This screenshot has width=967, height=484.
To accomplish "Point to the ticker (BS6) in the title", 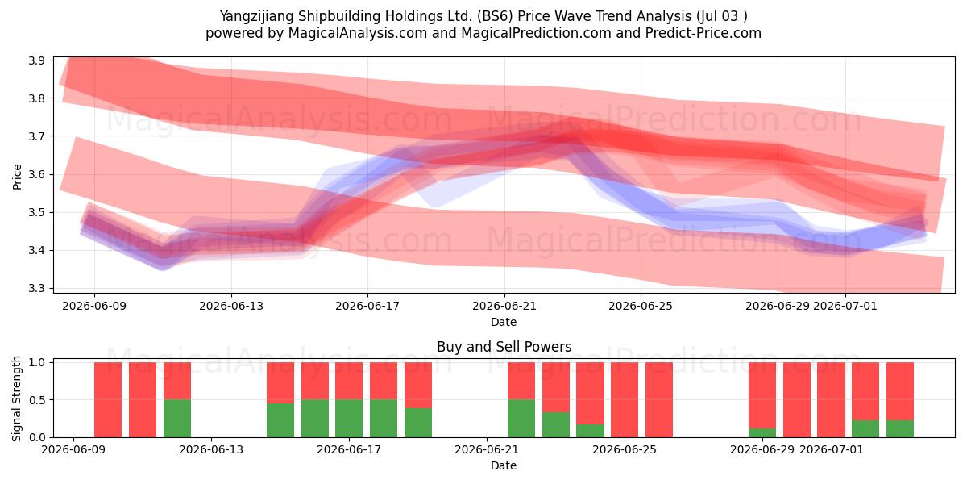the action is click(495, 16).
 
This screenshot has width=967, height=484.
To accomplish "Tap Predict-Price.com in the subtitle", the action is click(703, 33).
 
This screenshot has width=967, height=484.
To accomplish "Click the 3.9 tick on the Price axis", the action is click(37, 60).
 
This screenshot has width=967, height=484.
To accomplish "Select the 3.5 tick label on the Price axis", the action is click(37, 213).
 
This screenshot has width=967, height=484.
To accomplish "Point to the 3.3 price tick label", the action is click(37, 288).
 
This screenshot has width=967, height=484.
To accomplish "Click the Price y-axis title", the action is click(17, 177).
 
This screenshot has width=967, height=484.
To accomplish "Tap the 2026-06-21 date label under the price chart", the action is click(504, 306).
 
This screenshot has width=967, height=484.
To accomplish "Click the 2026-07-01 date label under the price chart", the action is click(845, 306).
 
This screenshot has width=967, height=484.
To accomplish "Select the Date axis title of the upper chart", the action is click(504, 322).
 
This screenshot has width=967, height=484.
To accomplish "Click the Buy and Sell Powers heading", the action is click(504, 347).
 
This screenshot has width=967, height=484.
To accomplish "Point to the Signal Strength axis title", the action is click(16, 398).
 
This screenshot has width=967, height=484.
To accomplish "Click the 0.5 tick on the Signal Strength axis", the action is click(37, 400).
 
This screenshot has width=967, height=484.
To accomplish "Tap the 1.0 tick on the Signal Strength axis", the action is click(37, 362).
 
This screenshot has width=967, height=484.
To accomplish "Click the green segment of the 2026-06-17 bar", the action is click(349, 419).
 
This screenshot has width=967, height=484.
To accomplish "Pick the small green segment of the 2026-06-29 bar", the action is click(762, 432).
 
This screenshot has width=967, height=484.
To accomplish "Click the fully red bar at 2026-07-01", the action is click(832, 400).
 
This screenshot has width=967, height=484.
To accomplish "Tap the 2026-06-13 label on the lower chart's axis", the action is click(211, 450).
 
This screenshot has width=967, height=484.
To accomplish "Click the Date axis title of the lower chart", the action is click(504, 465).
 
